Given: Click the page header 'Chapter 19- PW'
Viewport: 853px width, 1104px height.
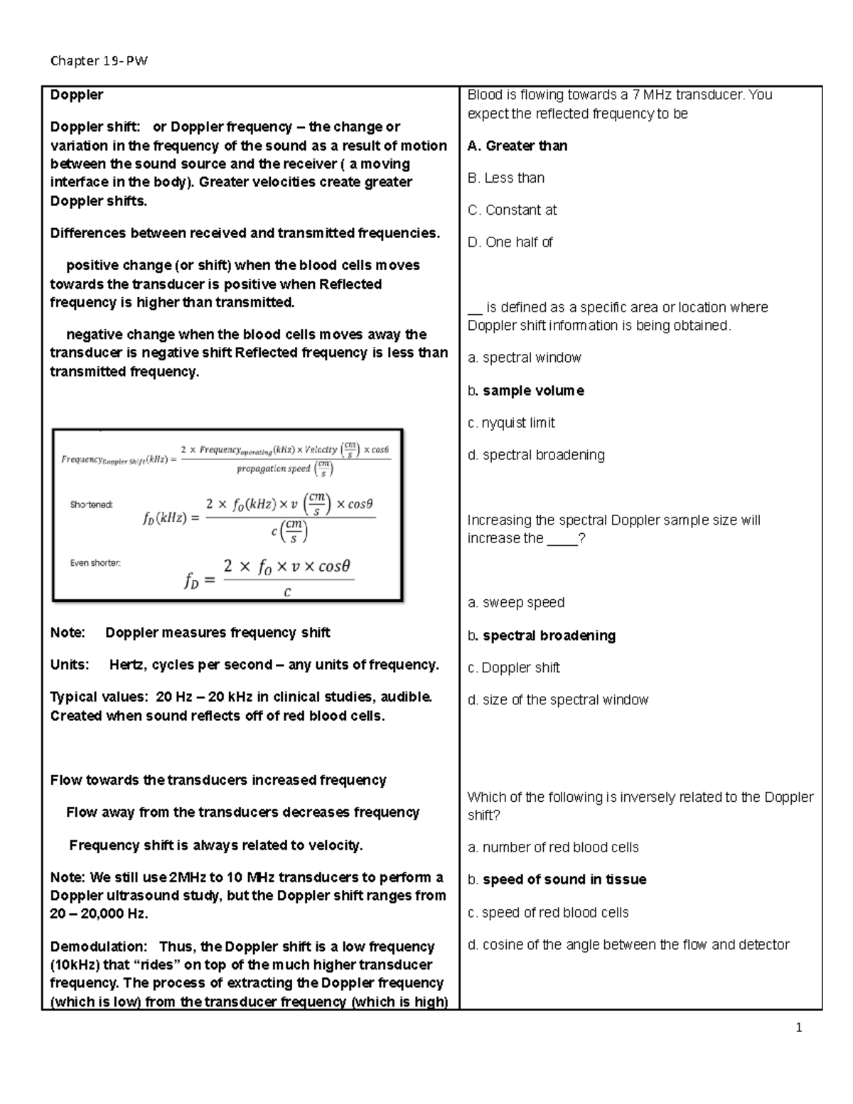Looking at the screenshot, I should point(99,60).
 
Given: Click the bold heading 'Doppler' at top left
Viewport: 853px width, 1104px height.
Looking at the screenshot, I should point(76,95).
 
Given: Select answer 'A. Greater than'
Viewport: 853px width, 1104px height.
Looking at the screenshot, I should point(517,146).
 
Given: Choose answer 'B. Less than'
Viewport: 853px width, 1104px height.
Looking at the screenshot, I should point(506,178).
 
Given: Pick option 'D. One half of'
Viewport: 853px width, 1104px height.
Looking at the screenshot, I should point(510,242).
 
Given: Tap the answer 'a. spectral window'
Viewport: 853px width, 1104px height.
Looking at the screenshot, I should point(525,358).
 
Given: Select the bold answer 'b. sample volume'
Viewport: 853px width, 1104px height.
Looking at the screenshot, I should point(526,391).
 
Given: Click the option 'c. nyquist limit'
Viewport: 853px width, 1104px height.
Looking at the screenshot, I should point(511,423).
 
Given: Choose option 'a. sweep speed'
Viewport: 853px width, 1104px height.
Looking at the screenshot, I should point(516,603).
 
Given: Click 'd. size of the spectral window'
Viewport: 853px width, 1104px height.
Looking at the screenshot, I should point(558,700).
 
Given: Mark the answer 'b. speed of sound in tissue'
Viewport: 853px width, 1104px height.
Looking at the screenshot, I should point(557,880).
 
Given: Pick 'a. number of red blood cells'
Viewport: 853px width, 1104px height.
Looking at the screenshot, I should point(553,847).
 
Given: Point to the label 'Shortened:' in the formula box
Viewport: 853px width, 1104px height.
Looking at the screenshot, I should point(92,505).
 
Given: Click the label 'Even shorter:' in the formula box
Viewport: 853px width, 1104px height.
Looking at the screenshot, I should point(95,563).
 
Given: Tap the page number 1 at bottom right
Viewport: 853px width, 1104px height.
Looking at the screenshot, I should point(799,1027).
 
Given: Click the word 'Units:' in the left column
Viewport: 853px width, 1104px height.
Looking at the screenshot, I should point(70,665).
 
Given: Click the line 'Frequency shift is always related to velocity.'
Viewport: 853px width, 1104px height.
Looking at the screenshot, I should point(215,845).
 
